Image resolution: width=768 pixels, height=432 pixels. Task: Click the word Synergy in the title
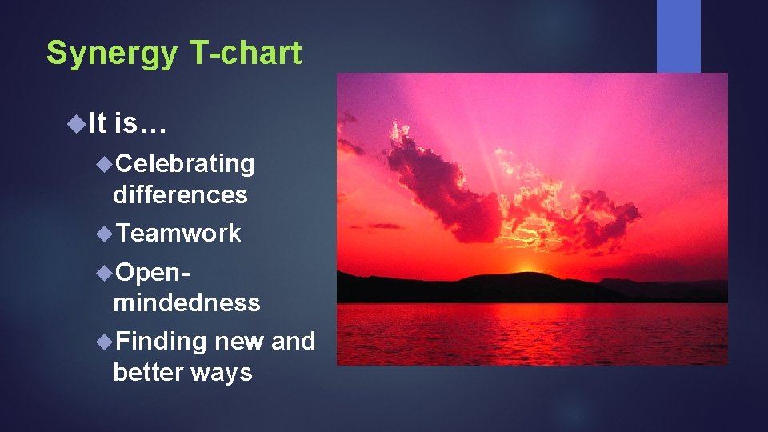(x=113, y=54)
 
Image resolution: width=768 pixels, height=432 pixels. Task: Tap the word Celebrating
(x=185, y=163)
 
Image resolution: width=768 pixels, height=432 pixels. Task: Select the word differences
(x=180, y=194)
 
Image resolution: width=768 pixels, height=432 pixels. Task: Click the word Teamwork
(x=178, y=233)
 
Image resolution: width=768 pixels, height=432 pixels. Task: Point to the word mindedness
(x=186, y=302)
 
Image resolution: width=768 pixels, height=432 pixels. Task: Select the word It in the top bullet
(x=97, y=123)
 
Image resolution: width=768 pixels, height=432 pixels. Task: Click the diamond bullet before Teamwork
(x=103, y=233)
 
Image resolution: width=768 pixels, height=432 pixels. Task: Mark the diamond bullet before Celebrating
(x=103, y=163)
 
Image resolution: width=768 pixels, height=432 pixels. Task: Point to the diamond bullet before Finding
(x=103, y=342)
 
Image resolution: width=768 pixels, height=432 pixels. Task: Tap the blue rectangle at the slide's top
(x=678, y=35)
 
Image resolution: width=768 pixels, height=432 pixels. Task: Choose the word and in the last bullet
(x=293, y=342)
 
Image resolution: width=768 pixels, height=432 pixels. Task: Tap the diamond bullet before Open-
(x=103, y=272)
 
